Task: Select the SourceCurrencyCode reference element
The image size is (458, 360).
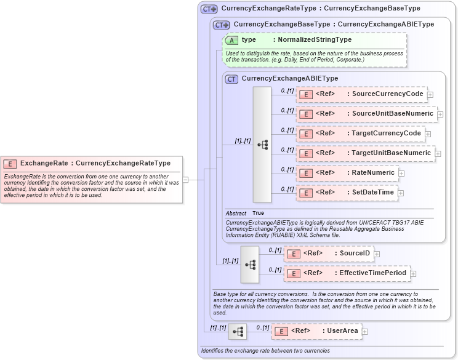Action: coord(361,94)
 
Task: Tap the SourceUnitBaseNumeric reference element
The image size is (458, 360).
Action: coord(366,114)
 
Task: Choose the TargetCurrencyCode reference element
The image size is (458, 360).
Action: coord(360,134)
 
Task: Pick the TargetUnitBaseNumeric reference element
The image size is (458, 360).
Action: coord(365,153)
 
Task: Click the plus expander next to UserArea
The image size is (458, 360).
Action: coord(365,332)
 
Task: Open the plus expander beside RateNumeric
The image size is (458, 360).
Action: coord(401,174)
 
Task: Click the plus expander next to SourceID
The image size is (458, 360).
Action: coord(377,254)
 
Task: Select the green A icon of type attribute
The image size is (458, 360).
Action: coord(231,40)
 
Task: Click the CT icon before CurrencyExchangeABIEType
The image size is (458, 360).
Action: coord(231,79)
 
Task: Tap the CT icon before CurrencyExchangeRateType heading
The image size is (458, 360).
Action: coord(209,9)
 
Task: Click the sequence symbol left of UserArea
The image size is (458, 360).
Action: coord(238,331)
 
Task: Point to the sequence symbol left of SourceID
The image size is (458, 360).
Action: coord(250,264)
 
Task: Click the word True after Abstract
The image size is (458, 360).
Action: coord(258,213)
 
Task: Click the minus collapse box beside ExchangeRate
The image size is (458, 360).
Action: coord(185,180)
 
